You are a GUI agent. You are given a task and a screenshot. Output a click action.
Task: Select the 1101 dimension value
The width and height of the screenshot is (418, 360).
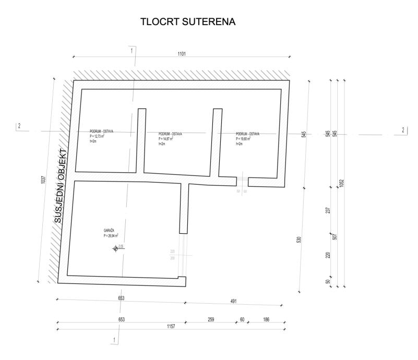(x=182, y=54)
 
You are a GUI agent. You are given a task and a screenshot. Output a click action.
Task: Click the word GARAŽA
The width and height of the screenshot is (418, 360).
(x=109, y=230)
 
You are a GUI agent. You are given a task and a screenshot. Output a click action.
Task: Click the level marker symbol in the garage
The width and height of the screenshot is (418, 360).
(x=116, y=249)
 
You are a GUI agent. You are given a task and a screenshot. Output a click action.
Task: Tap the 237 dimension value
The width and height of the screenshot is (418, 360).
(x=327, y=210)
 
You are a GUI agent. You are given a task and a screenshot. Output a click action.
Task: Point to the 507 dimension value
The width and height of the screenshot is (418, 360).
(x=335, y=236)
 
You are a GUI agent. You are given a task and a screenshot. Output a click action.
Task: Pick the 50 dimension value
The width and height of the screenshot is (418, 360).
(x=327, y=281)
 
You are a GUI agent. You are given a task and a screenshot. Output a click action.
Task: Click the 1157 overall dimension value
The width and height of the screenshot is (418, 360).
(x=171, y=326)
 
